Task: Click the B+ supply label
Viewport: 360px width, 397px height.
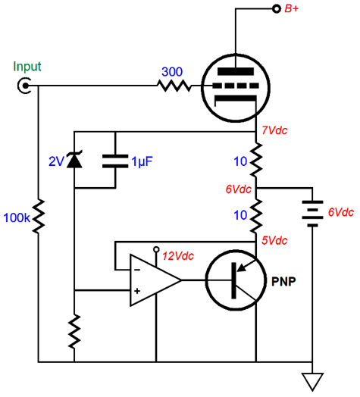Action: click(292, 8)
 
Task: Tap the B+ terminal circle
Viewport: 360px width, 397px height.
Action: click(277, 9)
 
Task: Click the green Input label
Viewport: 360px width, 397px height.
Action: click(27, 67)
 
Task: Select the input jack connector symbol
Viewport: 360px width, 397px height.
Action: click(24, 86)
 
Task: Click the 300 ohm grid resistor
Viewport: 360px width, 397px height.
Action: click(174, 86)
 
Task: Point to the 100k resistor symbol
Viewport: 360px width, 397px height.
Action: click(39, 216)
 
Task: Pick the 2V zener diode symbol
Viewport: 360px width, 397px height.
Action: click(74, 160)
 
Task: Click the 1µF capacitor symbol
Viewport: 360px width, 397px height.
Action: click(115, 161)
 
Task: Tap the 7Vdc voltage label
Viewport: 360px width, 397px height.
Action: click(274, 130)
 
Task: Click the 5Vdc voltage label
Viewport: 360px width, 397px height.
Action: click(274, 240)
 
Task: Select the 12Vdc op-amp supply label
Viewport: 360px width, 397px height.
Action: click(178, 256)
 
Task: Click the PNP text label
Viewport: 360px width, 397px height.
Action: click(283, 281)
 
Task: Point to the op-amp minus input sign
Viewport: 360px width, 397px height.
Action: click(137, 270)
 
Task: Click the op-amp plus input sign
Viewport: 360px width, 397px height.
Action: click(137, 291)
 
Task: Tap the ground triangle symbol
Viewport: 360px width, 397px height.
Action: click(312, 382)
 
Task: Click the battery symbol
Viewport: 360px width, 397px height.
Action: click(312, 214)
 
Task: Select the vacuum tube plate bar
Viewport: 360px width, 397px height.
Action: click(236, 71)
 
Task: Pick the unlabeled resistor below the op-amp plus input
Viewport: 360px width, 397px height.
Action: click(74, 332)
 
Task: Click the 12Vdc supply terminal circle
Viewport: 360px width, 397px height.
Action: click(156, 249)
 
